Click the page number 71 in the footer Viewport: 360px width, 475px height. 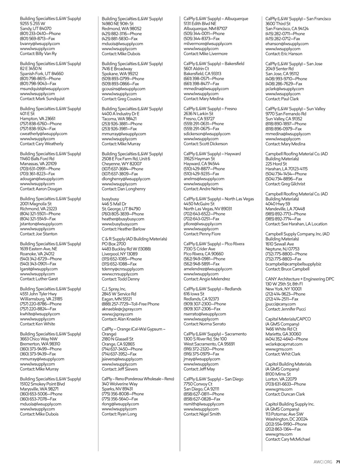338,462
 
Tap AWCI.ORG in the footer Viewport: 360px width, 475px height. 323,462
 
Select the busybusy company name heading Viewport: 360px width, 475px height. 110,199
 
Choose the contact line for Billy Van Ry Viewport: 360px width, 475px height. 38,54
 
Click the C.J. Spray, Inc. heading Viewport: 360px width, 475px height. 114,289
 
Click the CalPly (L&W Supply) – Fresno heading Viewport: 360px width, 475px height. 210,109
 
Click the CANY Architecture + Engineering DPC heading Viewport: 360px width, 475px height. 300,279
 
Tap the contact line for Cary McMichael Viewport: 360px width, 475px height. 288,439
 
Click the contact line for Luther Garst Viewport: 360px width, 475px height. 39,279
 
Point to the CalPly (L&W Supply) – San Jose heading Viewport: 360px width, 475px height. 294,64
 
